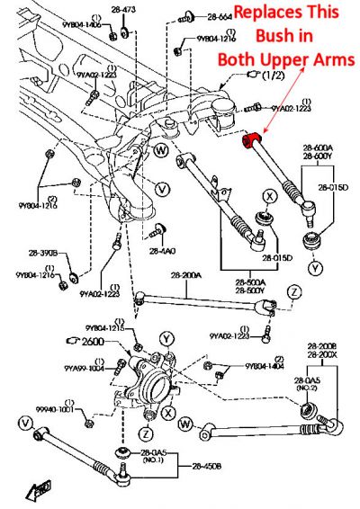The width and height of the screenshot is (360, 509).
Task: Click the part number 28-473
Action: [x=122, y=9]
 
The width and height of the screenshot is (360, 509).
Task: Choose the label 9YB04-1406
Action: [x=82, y=24]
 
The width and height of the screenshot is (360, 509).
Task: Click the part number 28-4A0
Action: [x=162, y=251]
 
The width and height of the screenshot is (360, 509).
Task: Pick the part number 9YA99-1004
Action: [x=84, y=368]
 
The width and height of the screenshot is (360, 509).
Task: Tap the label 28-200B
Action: [x=320, y=346]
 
